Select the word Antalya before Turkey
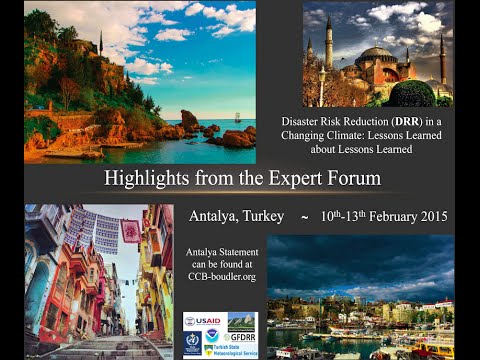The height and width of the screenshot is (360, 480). (x=213, y=217)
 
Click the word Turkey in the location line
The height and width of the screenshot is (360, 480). (x=262, y=217)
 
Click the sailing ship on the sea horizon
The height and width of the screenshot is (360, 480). (x=238, y=116)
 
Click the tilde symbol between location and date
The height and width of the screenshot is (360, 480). (x=303, y=217)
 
